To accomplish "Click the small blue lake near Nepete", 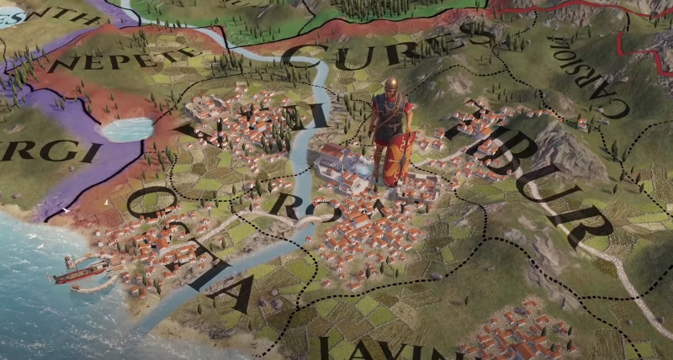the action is click(126, 129).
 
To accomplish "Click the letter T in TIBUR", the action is click(471, 118).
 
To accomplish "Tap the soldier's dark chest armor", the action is click(389, 114).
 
